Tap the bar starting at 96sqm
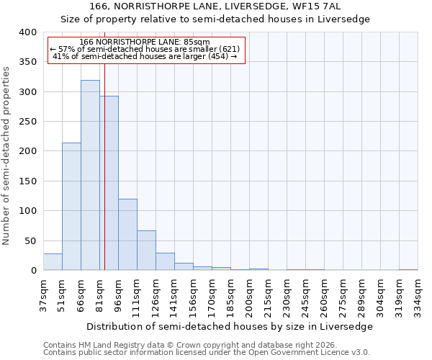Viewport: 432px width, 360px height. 127,234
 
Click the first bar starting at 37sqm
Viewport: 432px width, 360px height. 53,261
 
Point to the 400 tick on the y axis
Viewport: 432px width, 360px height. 27,32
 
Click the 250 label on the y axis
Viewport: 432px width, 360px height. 27,122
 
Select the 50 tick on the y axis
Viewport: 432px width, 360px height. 30,240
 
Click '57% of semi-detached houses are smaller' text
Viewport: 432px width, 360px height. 145,49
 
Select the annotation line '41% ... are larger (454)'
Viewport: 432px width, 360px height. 145,56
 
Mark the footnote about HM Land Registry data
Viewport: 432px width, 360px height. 190,345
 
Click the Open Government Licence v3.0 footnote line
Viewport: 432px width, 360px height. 207,353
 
